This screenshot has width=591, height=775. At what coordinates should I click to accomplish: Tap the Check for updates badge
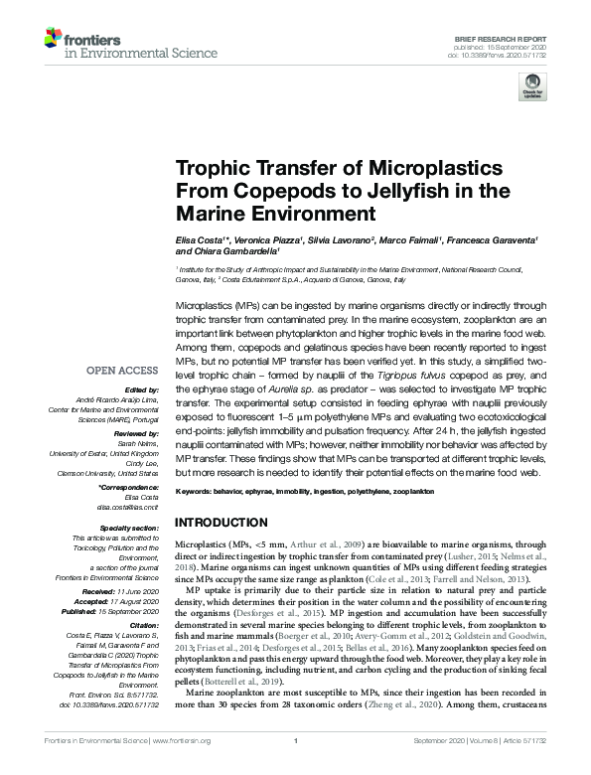click(533, 85)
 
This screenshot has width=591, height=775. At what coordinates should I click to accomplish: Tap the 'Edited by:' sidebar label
click(142, 390)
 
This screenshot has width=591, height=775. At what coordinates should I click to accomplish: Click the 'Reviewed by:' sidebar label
click(138, 434)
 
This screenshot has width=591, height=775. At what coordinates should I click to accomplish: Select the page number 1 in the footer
click(295, 767)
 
